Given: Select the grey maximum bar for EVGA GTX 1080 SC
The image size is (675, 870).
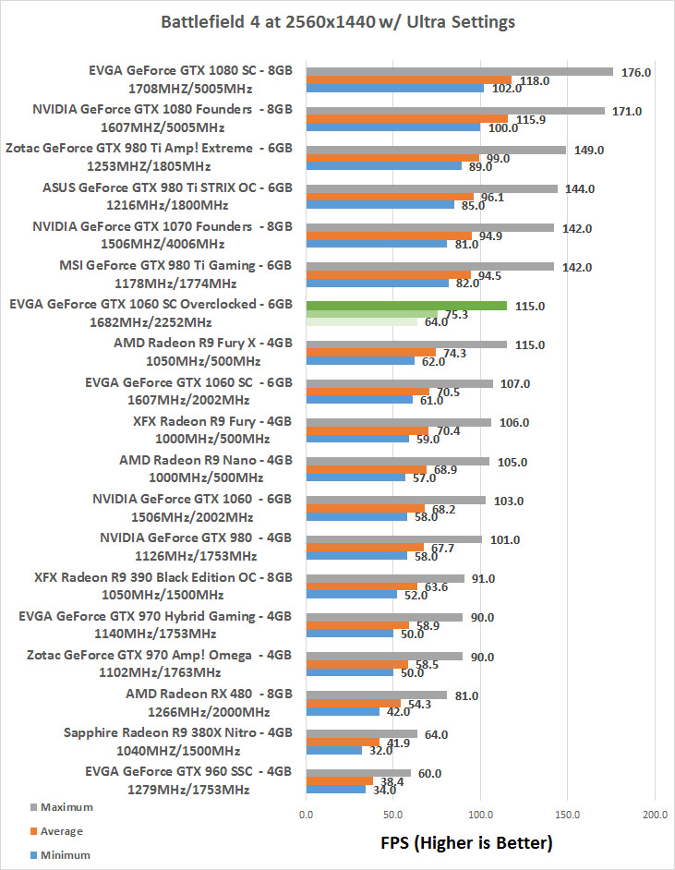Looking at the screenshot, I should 459,70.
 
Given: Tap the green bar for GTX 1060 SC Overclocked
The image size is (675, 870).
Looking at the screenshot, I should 406,305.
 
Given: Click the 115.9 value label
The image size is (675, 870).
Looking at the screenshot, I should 531,120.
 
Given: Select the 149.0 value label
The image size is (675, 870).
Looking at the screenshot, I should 589,150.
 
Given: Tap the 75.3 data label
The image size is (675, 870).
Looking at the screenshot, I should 460,315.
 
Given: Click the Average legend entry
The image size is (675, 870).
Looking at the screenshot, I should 61,831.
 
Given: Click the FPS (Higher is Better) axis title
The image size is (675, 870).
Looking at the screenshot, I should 466,842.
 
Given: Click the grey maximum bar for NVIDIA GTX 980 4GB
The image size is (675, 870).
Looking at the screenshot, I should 393,538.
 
